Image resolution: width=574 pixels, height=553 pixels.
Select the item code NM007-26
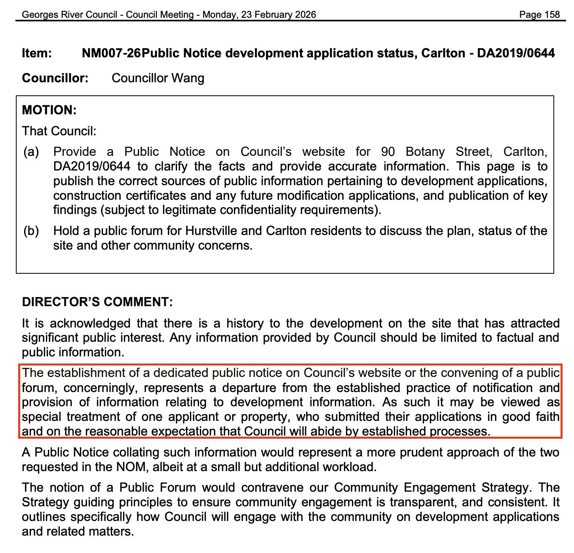pos(111,53)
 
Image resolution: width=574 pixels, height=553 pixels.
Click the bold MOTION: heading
pos(49,110)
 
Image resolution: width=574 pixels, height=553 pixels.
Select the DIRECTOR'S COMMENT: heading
pos(97,302)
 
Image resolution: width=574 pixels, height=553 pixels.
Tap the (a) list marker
pos(31,152)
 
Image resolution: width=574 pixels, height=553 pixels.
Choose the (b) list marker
pos(31,231)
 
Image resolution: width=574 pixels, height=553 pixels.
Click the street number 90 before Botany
pos(388,152)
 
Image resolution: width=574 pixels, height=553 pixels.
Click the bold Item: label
pos(37,53)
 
